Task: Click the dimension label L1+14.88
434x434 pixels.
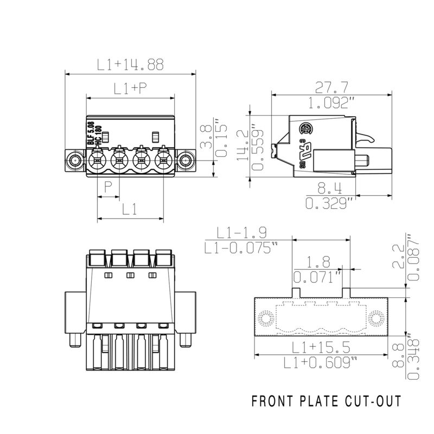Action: (x=130, y=65)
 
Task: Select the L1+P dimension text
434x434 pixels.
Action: (x=130, y=89)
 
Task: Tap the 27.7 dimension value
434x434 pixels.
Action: (x=333, y=86)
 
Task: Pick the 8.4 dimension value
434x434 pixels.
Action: (x=329, y=188)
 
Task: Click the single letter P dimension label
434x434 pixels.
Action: (x=108, y=188)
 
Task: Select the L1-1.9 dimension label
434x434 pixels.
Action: (x=241, y=233)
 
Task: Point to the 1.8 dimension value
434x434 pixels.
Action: (x=315, y=263)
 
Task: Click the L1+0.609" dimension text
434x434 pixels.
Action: (x=321, y=362)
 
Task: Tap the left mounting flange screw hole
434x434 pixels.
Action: (x=74, y=160)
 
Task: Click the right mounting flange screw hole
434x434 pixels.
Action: (x=186, y=160)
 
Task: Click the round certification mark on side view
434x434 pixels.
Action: (x=307, y=129)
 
